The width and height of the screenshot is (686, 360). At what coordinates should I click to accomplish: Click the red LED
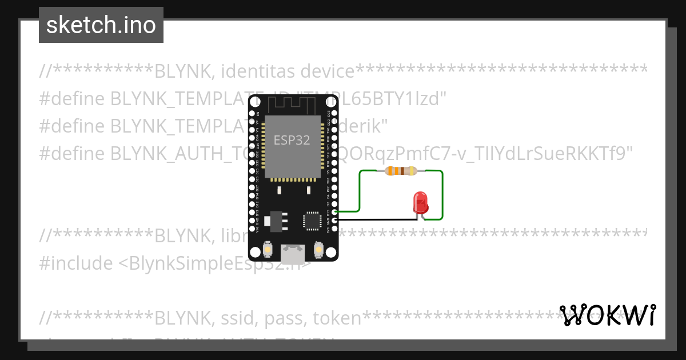point(420,202)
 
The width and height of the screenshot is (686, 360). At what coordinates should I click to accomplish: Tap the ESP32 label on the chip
point(292,140)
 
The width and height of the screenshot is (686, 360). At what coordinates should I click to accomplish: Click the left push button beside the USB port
point(268,250)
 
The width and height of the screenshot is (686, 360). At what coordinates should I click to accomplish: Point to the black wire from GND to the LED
point(377,219)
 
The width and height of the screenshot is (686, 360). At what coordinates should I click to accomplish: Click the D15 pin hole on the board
point(335,212)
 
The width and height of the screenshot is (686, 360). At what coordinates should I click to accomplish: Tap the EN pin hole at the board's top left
point(252,114)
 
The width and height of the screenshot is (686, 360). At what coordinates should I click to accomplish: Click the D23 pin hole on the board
point(335,114)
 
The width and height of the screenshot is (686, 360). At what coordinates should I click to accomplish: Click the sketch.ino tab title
point(101,25)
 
